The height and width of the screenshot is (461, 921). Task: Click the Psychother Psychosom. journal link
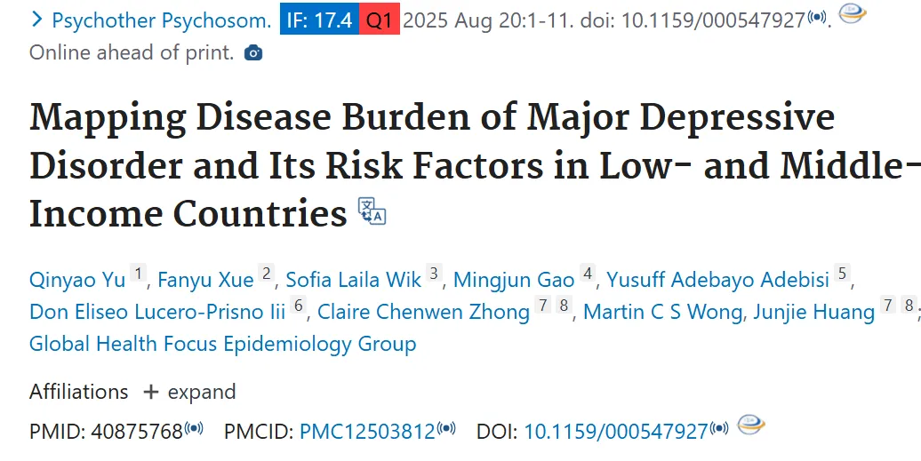click(162, 20)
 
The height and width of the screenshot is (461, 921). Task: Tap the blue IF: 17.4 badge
click(319, 20)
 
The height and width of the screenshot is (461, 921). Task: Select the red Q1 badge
click(380, 20)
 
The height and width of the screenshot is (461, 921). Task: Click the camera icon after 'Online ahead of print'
click(253, 52)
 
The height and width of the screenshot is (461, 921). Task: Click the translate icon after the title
click(372, 211)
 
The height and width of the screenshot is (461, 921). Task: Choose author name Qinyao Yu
click(77, 280)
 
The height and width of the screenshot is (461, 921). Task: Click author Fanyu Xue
click(205, 280)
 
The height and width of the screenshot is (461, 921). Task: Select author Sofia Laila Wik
click(354, 280)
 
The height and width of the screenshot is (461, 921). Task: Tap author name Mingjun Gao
click(514, 280)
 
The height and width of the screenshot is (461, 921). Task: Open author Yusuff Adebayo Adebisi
click(717, 280)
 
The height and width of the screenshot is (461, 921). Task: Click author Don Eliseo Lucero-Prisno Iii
click(157, 312)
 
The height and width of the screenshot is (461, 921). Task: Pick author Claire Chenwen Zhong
click(423, 312)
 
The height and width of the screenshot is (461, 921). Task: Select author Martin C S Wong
click(662, 312)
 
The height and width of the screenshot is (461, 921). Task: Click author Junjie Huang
click(814, 312)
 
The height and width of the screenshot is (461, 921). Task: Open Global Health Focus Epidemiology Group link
click(222, 343)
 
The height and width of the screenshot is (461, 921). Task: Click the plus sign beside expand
click(151, 392)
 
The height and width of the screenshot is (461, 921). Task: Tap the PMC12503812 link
click(368, 432)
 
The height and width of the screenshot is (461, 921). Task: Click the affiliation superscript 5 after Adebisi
click(842, 273)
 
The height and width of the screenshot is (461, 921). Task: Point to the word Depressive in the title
click(737, 118)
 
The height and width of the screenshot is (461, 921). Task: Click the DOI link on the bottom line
click(616, 432)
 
